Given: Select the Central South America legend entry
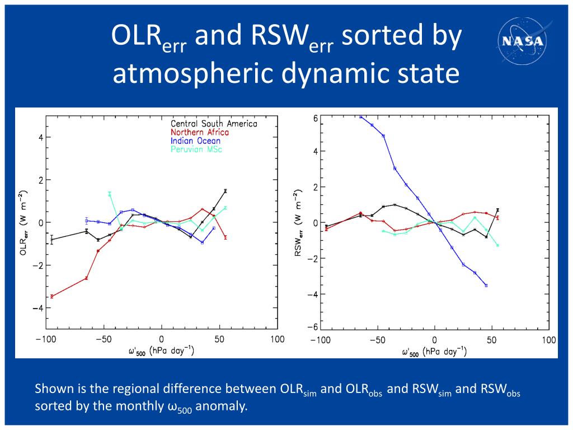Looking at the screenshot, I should tap(214, 124).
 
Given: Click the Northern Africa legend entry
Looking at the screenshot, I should tap(200, 133).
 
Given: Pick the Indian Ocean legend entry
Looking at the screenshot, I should tap(195, 141).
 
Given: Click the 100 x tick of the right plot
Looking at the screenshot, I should tap(549, 339).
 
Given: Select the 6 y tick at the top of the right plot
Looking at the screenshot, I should tap(316, 119).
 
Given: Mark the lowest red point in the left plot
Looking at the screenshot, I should tap(52, 296).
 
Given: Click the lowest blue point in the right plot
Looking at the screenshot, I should tap(486, 286).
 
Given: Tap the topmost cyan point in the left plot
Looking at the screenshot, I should tap(110, 194).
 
